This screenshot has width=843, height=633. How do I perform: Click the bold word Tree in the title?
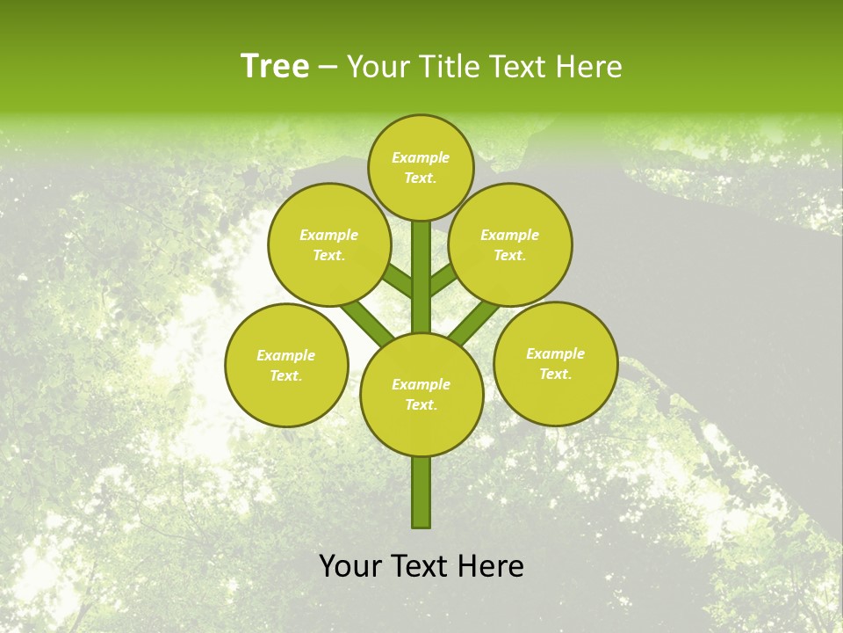click(x=275, y=67)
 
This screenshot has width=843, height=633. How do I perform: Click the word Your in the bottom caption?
click(x=349, y=566)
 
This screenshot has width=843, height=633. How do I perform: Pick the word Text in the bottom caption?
click(x=421, y=566)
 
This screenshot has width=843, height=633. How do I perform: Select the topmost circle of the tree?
click(x=421, y=168)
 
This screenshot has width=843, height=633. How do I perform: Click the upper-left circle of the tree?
click(x=329, y=244)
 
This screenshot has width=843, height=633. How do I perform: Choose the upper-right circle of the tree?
click(x=510, y=244)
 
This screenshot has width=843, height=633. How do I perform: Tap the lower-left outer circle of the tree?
click(x=286, y=365)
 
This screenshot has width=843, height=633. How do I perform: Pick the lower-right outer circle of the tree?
click(x=556, y=363)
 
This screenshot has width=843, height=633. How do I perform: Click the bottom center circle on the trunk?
click(x=421, y=395)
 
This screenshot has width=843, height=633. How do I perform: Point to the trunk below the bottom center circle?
click(x=421, y=492)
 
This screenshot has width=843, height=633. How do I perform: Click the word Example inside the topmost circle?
click(x=421, y=158)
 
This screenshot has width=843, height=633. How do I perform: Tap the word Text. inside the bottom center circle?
click(x=421, y=405)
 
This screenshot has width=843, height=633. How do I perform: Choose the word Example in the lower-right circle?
click(x=555, y=353)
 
